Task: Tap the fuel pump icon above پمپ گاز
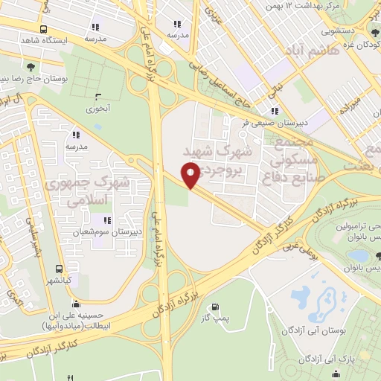[215, 307]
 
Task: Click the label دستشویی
[342, 32]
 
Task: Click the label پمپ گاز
[215, 319]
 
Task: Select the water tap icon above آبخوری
[99, 97]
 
